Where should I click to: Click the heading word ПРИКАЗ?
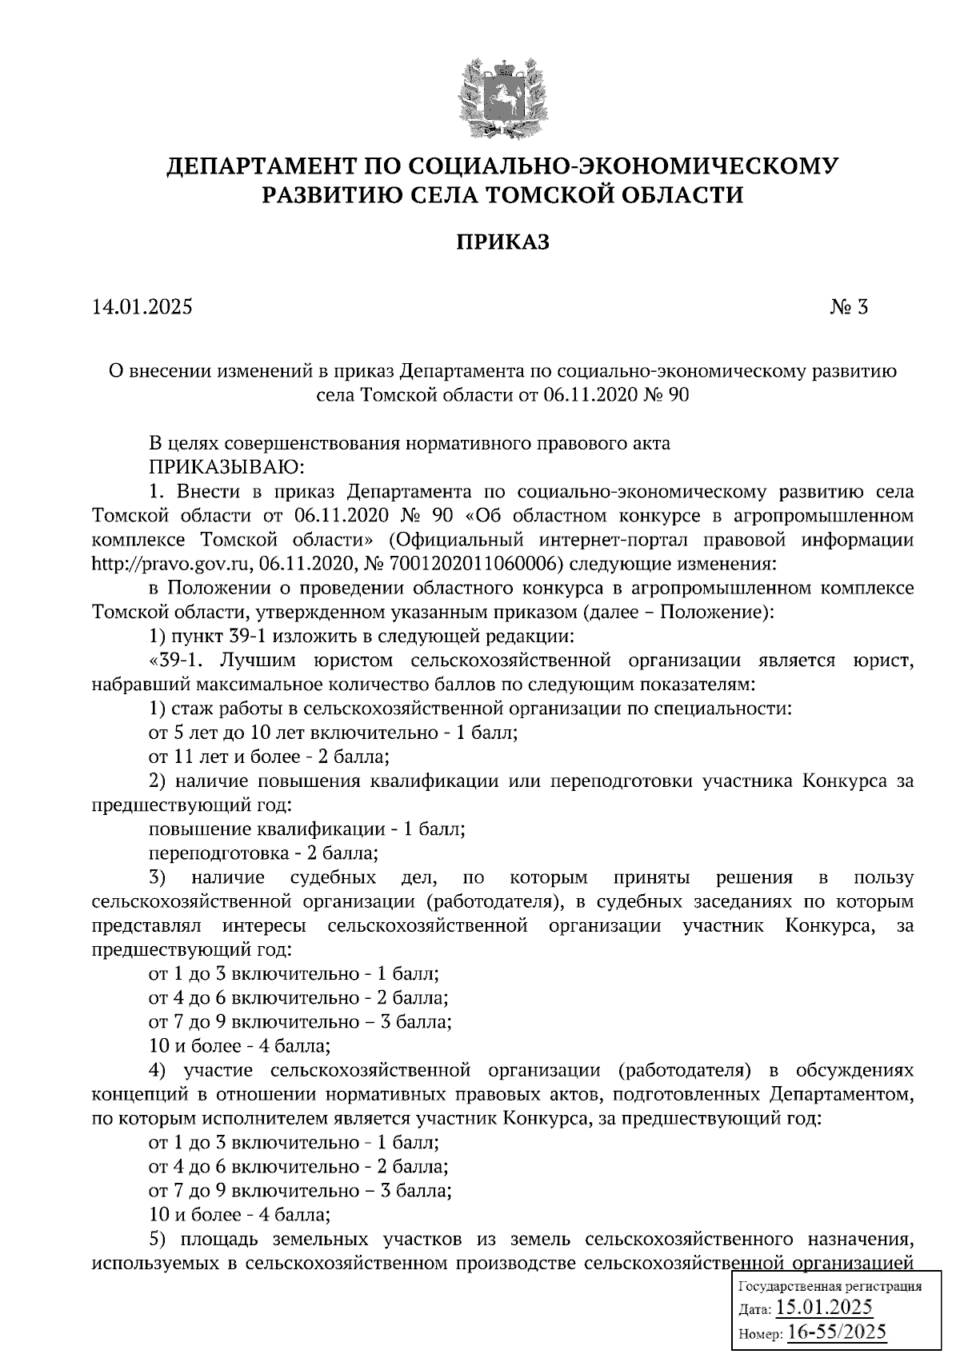tap(503, 242)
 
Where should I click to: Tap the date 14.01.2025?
tap(142, 307)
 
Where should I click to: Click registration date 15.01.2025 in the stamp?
tap(825, 1308)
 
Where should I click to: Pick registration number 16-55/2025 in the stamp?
tap(837, 1332)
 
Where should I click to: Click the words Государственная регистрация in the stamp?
tap(829, 1287)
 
